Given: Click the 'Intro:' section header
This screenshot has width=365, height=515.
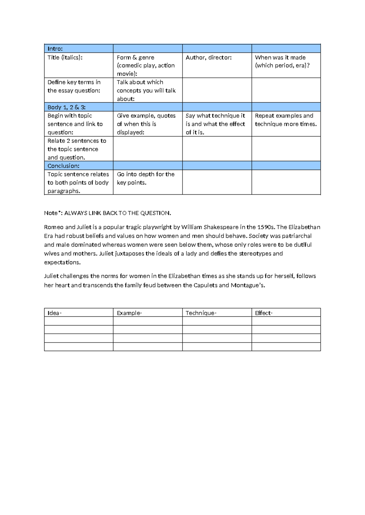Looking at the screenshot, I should (x=55, y=49).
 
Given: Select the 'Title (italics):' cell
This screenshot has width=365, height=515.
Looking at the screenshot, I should (x=65, y=57).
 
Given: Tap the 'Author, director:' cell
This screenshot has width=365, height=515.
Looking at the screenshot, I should (x=209, y=57).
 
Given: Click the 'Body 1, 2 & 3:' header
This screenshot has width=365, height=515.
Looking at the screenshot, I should (x=66, y=107).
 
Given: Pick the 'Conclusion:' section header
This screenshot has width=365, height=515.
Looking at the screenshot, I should (x=63, y=166).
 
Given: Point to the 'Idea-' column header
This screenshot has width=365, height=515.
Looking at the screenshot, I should (x=54, y=313).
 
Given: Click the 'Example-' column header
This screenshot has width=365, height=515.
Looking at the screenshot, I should (x=129, y=313).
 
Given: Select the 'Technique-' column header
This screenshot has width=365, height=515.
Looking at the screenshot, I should (x=201, y=313).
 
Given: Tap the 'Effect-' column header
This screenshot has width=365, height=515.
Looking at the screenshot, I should (x=264, y=313).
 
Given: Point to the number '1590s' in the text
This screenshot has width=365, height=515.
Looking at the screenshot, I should (x=266, y=227).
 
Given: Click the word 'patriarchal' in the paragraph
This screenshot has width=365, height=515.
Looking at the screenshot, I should (x=297, y=236).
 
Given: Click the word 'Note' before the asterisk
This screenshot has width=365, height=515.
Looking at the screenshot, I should (x=50, y=213).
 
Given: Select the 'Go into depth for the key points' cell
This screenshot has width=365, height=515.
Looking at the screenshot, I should (x=145, y=178).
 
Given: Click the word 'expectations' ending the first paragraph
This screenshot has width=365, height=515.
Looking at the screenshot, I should (x=62, y=262).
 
